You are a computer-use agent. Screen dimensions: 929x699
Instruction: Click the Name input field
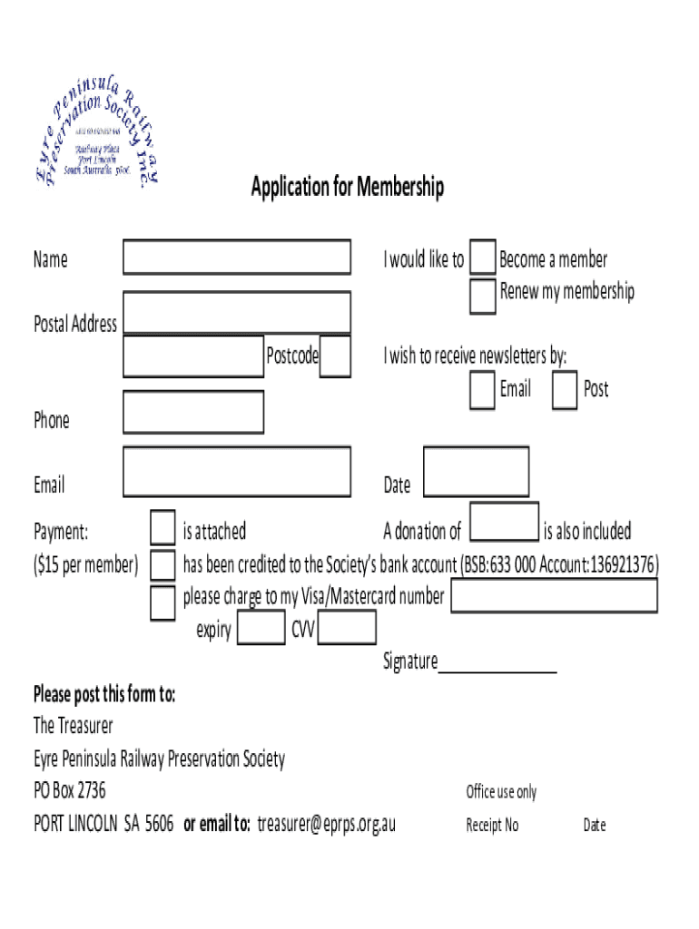(x=236, y=257)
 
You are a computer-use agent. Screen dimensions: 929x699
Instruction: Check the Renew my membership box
(x=482, y=296)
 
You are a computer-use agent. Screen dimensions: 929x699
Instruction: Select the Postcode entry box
(x=335, y=356)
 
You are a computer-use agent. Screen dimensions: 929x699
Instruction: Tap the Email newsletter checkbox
(x=482, y=390)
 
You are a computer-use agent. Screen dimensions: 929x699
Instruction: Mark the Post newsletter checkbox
(x=565, y=390)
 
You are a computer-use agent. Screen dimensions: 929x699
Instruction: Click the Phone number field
(x=193, y=412)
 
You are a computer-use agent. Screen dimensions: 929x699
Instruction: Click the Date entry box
(x=476, y=472)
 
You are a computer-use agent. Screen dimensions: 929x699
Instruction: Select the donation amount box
(x=504, y=523)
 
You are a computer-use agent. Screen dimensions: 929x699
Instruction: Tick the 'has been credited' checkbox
(x=162, y=565)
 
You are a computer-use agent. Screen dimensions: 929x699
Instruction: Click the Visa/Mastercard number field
(x=554, y=596)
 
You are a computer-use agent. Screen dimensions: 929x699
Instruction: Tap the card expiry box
(x=261, y=628)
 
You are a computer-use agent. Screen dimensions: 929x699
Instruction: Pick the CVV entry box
(x=347, y=628)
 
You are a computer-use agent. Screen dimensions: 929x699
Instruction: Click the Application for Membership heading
(x=348, y=188)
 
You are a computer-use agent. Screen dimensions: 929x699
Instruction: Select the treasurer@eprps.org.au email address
(x=326, y=824)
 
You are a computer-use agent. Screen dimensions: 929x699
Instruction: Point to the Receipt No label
(x=492, y=826)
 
